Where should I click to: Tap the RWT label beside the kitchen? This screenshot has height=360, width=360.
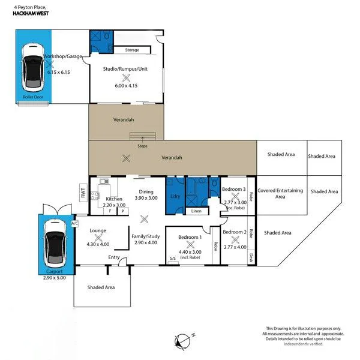coord(82,193)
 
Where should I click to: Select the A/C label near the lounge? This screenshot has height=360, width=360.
coord(74,223)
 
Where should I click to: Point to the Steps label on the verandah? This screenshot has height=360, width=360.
coord(142,146)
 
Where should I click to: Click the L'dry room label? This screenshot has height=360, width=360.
coord(176,197)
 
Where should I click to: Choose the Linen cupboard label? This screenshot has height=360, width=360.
coord(196,211)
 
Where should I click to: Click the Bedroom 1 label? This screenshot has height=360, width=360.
coord(188,238)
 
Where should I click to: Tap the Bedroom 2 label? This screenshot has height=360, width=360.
coord(235,232)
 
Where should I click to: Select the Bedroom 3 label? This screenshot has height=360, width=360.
coord(234,189)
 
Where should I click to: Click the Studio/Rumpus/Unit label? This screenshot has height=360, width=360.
coord(125,68)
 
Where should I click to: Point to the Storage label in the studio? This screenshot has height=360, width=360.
coord(132,50)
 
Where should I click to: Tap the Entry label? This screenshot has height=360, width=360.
coord(114,258)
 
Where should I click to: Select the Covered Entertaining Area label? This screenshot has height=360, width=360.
coord(280,193)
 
